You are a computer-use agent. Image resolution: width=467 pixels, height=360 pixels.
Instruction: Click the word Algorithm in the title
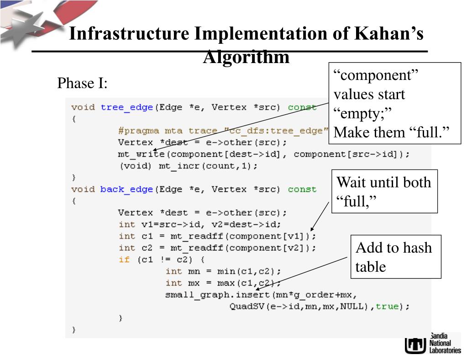[246, 58]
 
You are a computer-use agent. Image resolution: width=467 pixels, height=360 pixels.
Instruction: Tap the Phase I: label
[82, 83]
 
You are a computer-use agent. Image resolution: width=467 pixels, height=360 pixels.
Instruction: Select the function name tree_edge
[127, 107]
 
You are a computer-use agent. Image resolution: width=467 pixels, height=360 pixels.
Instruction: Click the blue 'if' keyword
[124, 259]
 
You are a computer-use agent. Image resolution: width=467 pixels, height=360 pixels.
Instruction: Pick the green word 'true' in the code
[387, 307]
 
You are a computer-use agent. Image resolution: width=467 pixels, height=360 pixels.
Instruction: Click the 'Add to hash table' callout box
[395, 257]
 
